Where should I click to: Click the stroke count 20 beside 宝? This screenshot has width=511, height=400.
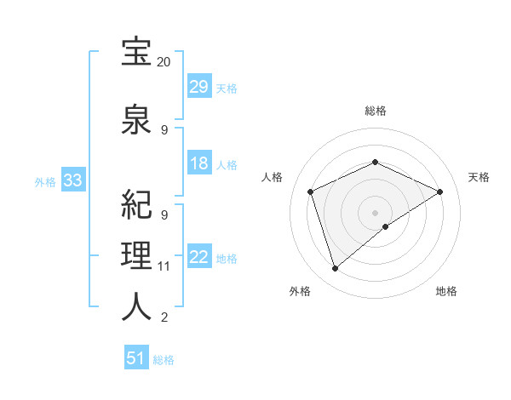(x=164, y=62)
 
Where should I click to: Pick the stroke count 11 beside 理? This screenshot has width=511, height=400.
(x=164, y=266)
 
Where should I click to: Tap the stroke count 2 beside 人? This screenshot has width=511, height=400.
(x=164, y=318)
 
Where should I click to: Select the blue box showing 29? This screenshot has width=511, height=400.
(x=199, y=87)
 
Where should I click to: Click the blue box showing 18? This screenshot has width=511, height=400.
(x=199, y=164)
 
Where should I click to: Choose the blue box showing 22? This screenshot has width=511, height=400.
(x=199, y=258)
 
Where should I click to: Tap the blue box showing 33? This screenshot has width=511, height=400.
(x=72, y=180)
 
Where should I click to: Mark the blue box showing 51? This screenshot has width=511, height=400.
(x=136, y=358)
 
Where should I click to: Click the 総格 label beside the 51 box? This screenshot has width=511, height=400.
(x=164, y=360)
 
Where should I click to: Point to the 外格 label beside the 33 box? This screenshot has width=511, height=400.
(x=45, y=181)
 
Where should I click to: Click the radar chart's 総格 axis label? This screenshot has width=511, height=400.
(x=376, y=111)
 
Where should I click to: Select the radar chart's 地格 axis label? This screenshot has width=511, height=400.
(x=446, y=291)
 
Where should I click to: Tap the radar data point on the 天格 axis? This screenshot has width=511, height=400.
(x=440, y=192)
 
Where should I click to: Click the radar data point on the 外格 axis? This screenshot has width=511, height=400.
(x=336, y=269)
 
